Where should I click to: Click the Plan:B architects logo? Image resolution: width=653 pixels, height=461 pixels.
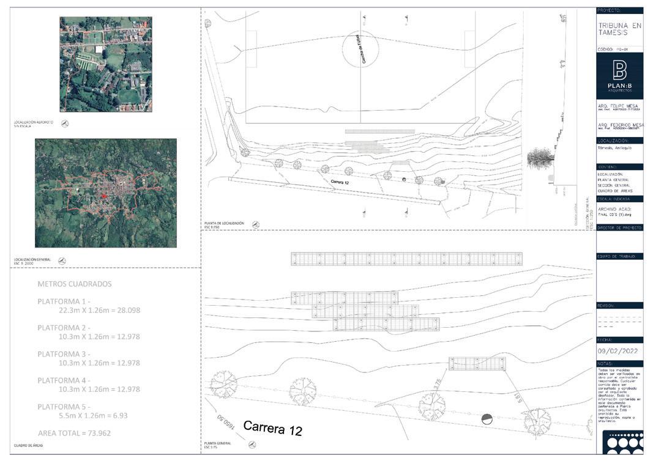(619, 75)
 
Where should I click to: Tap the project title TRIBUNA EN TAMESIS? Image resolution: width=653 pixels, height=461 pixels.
(619, 30)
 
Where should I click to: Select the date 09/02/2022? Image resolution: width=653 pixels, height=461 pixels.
(619, 351)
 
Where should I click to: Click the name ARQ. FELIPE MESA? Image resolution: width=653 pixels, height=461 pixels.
(618, 105)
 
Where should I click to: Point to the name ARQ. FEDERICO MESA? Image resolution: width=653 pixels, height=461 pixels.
(619, 125)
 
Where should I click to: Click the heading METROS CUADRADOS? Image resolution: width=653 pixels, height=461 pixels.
(74, 284)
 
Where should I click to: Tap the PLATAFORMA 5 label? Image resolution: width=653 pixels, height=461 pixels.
(63, 407)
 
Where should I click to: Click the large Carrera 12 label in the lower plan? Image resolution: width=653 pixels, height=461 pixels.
(272, 428)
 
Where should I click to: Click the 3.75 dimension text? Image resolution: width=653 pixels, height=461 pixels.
(436, 383)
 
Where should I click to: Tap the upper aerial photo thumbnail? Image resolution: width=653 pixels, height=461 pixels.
(105, 64)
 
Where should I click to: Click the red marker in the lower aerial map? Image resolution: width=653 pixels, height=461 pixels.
(105, 196)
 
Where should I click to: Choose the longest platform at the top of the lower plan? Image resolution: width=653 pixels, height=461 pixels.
(406, 259)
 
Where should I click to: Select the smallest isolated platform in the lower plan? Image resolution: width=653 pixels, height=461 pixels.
(477, 364)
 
